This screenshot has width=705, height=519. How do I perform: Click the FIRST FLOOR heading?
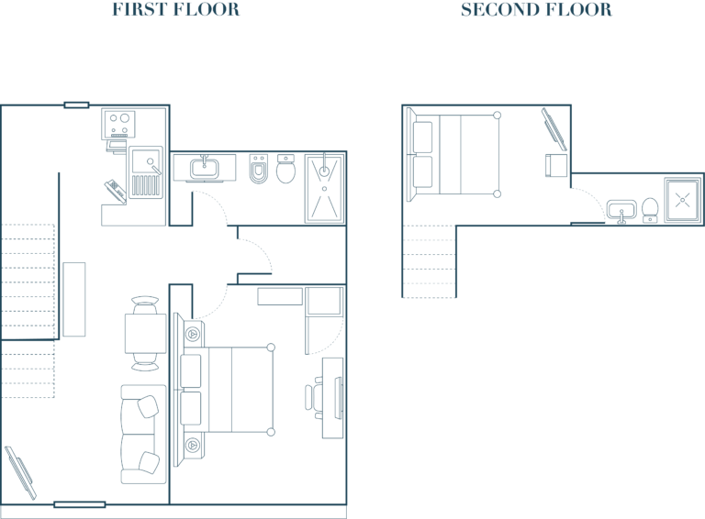coord(176,9)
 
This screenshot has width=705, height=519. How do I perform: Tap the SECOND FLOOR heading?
coord(536,9)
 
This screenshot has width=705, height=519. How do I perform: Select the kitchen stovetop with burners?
coord(118,124)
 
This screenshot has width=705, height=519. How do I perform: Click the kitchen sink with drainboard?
coord(146,172)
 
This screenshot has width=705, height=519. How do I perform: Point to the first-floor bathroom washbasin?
coord(205,169)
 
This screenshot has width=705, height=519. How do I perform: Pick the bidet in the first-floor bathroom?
coord(259,170)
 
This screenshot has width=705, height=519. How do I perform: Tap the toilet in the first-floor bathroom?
coord(286,169)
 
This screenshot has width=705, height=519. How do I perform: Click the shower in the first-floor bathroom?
coord(325,188)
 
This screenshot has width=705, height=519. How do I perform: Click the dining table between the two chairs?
coord(145,334)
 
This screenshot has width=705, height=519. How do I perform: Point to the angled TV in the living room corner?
coord(20,473)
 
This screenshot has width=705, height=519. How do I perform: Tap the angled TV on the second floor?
coord(554,129)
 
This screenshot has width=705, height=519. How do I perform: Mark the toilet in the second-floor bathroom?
coord(650,210)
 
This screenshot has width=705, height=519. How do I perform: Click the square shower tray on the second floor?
coord(683,200)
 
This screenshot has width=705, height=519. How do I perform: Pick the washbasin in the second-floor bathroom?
coord(621,211)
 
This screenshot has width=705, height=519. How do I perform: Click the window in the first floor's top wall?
coord(76,105)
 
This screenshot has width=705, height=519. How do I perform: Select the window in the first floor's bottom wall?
coord(80,504)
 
